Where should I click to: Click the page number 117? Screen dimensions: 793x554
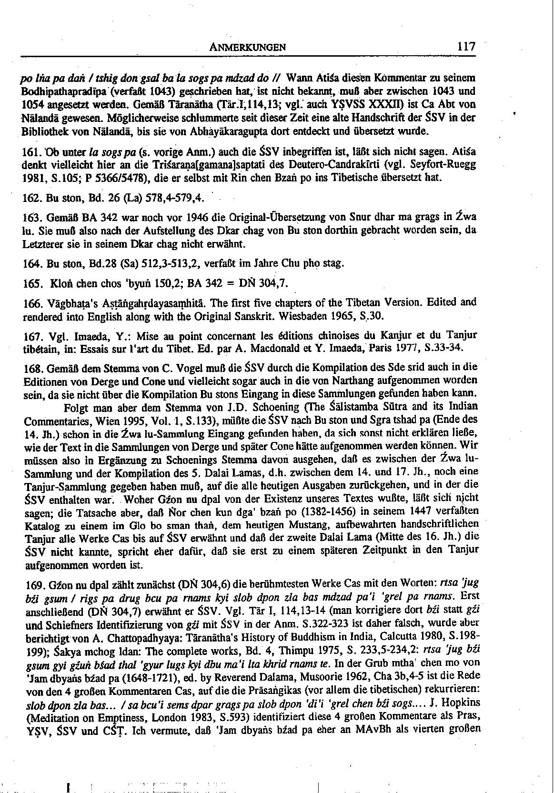[465, 46]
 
